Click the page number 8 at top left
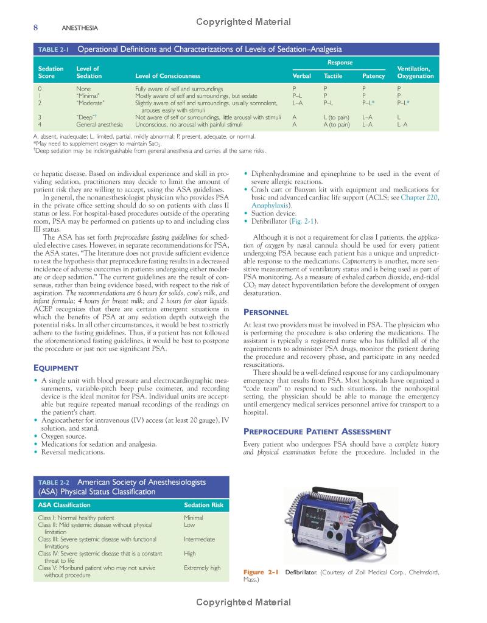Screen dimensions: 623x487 point(36,27)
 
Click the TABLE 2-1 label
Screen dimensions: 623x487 point(54,49)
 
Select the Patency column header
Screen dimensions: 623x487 point(373,77)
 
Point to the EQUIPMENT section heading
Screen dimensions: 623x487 point(56,368)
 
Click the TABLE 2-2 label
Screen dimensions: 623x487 point(54,482)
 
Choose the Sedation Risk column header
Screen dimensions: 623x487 point(203,505)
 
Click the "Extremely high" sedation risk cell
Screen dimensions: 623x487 point(202,568)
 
